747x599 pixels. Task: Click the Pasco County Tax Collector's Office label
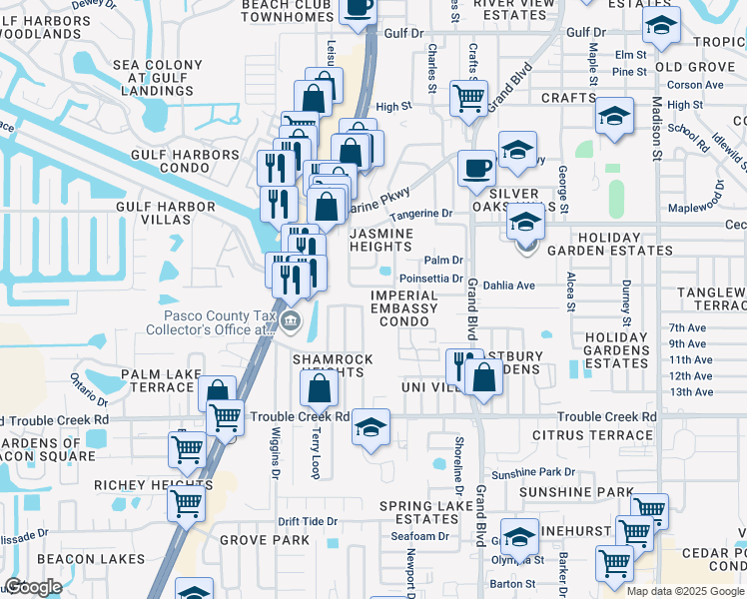click(x=209, y=321)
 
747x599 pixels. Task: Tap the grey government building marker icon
click(x=291, y=320)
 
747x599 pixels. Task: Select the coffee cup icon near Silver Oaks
click(x=477, y=167)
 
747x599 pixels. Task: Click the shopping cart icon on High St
click(x=468, y=98)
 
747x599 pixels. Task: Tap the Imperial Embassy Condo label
click(x=403, y=308)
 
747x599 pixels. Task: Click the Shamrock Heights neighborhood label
click(x=332, y=366)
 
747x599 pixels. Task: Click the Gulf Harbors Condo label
click(x=186, y=155)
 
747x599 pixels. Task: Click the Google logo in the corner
click(x=33, y=587)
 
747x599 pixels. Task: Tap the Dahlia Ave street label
click(x=509, y=285)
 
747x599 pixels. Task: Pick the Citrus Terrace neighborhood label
click(x=592, y=435)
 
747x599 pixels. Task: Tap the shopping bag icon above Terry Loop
click(x=316, y=387)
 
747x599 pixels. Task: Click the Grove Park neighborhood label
click(x=264, y=540)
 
